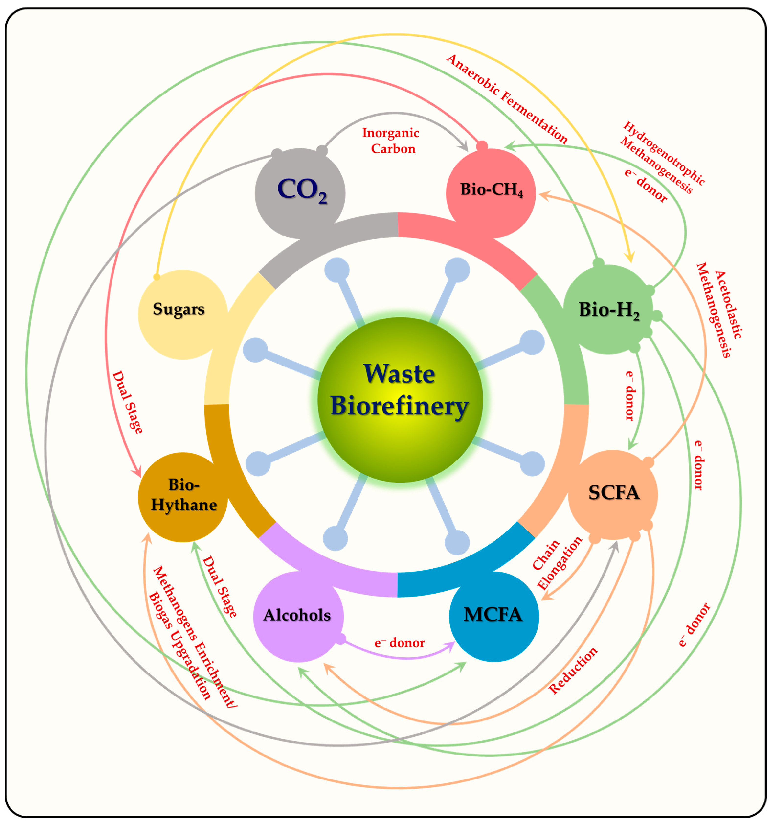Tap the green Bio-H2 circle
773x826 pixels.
tap(608, 309)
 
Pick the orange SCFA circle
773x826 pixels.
tap(613, 495)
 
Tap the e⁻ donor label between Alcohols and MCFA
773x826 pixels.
tap(399, 643)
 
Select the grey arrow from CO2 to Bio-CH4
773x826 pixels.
tap(394, 113)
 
